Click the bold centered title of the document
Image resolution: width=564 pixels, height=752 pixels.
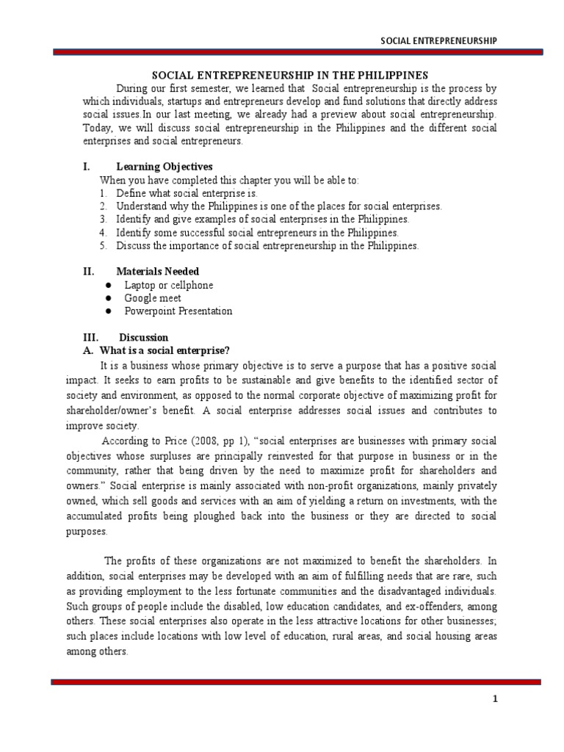click(x=289, y=75)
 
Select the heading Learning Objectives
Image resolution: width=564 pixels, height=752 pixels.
click(x=164, y=167)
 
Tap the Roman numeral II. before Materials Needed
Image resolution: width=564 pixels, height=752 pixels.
click(x=89, y=272)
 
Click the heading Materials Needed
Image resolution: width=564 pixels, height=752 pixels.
click(x=159, y=272)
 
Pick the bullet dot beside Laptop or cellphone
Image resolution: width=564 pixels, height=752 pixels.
click(x=108, y=285)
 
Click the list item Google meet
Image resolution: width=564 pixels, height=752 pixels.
click(x=153, y=298)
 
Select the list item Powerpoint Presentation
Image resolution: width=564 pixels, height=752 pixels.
click(x=178, y=311)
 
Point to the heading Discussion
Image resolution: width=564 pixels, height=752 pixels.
click(x=144, y=338)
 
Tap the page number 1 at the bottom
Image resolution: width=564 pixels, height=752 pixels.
click(x=495, y=699)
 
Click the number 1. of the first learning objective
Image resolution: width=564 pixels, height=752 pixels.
click(x=104, y=193)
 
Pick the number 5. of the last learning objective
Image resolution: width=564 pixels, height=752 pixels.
click(x=104, y=246)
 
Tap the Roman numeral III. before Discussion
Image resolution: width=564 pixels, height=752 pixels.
click(x=91, y=338)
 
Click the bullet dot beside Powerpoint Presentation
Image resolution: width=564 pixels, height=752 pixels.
click(x=108, y=311)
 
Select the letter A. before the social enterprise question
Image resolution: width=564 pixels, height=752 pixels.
click(x=90, y=351)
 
